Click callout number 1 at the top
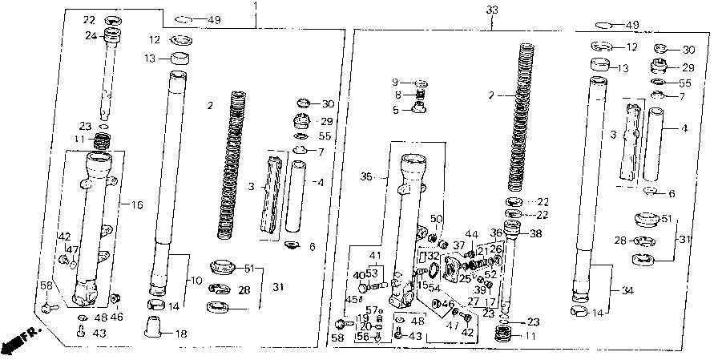point(256,7)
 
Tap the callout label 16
point(137,206)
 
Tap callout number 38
point(536,235)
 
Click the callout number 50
point(436,220)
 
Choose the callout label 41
point(373,257)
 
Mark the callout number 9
point(395,83)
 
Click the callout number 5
point(395,110)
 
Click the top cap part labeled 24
point(111,36)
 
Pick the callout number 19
point(361,318)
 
